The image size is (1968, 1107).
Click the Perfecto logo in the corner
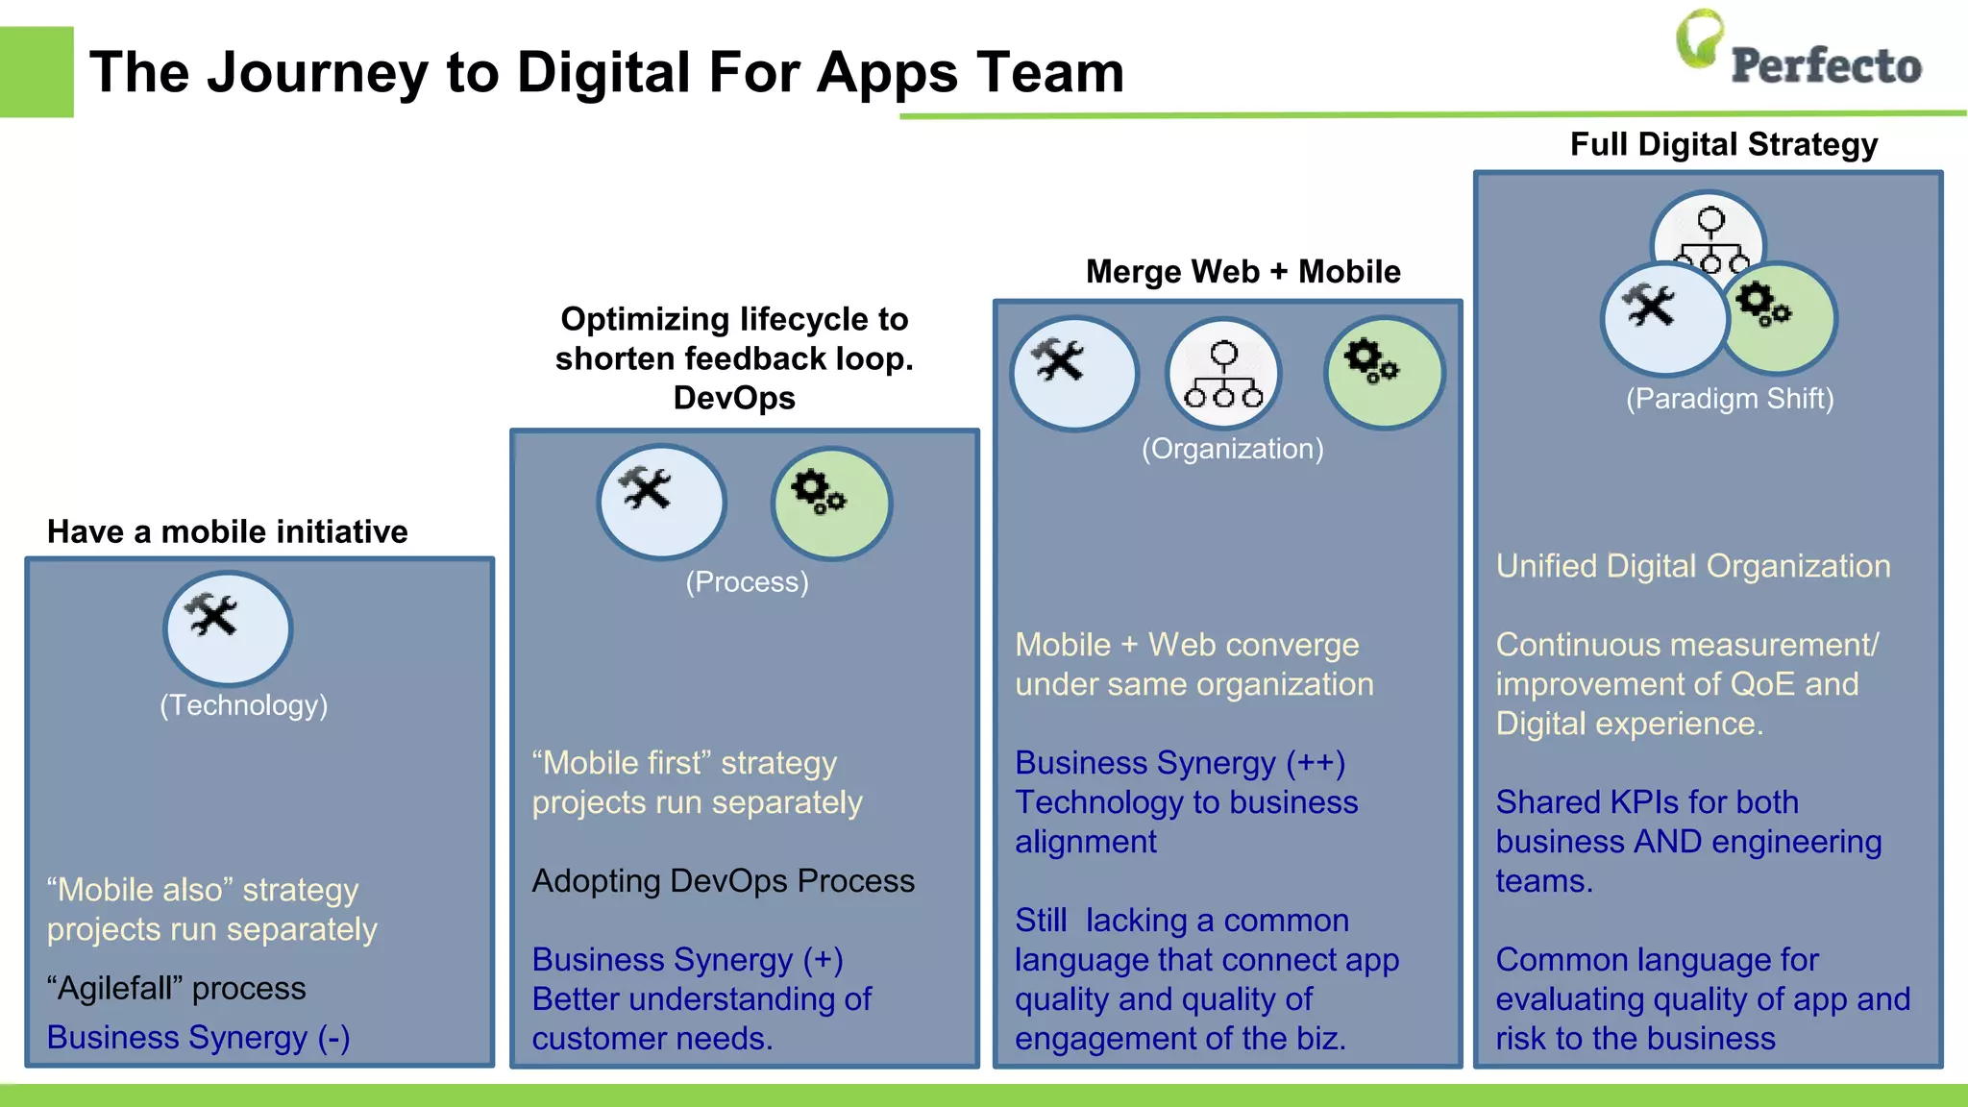tap(1797, 53)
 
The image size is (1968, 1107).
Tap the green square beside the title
tap(37, 72)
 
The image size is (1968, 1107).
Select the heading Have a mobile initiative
tap(228, 531)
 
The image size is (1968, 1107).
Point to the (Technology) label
tap(244, 705)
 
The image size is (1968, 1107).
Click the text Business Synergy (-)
tap(198, 1038)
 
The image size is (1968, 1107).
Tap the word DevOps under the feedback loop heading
tap(734, 398)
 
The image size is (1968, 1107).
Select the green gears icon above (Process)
tap(831, 503)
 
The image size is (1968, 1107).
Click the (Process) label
tap(747, 582)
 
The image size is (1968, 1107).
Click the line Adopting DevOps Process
tap(723, 881)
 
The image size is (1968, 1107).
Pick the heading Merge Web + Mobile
tap(1242, 272)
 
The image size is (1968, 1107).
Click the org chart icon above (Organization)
tap(1223, 375)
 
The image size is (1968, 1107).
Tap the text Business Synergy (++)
tap(1180, 763)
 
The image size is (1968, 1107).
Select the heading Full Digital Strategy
tap(1723, 144)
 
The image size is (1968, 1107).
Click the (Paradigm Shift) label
tap(1730, 399)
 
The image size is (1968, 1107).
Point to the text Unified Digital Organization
tap(1692, 566)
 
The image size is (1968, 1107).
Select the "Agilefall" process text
tap(176, 989)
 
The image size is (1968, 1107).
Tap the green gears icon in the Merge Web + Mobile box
tap(1384, 372)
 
